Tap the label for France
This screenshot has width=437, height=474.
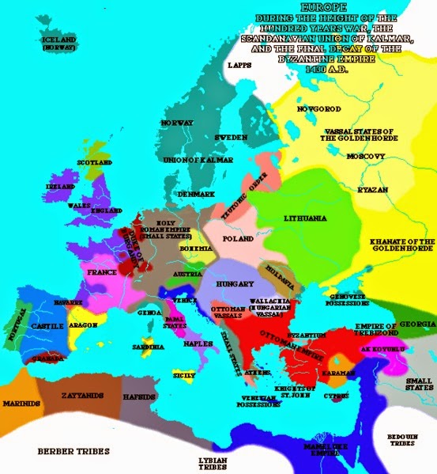[x=104, y=271]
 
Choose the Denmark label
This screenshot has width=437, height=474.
[x=196, y=194]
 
